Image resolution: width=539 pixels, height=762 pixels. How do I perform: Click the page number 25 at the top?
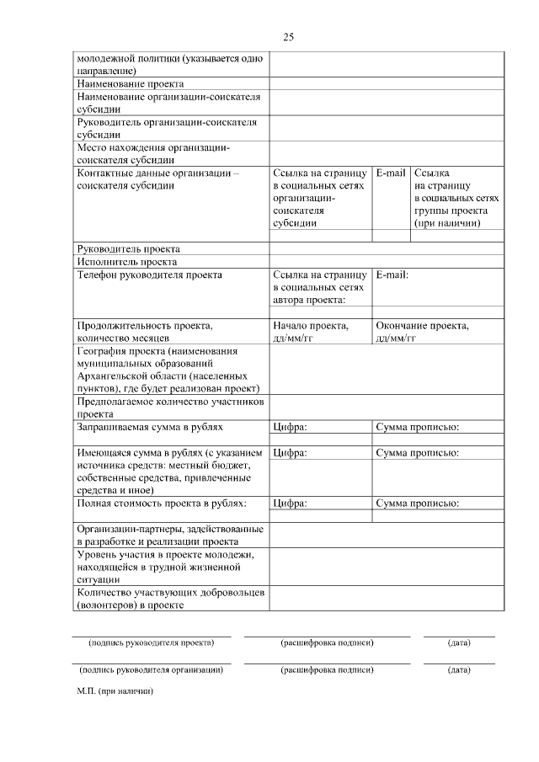click(x=288, y=37)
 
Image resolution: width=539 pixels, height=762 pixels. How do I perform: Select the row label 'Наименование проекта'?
click(x=131, y=84)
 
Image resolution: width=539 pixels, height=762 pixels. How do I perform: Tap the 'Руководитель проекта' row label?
click(x=128, y=248)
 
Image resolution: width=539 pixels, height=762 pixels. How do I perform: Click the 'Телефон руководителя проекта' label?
click(x=149, y=274)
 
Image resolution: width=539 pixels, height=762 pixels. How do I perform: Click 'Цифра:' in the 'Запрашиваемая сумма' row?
click(x=290, y=428)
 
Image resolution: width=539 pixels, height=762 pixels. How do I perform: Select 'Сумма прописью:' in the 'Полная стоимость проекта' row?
click(x=417, y=504)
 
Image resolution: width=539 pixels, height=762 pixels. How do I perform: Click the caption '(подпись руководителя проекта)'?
click(x=152, y=642)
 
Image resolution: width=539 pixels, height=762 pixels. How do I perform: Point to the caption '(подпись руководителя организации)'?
click(x=151, y=670)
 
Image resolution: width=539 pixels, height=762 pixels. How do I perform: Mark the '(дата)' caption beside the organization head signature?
click(x=459, y=670)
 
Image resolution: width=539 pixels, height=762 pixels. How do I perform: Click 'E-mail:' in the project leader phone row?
click(x=392, y=274)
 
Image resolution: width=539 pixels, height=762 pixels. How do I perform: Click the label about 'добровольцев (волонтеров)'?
click(x=171, y=599)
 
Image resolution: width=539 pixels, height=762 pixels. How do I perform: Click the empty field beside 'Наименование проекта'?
click(x=386, y=84)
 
